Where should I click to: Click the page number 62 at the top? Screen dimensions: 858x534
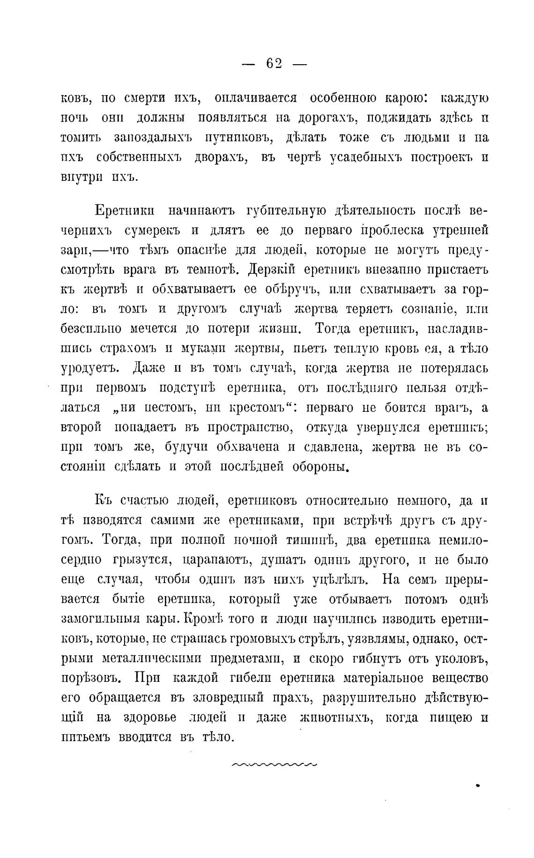(x=274, y=64)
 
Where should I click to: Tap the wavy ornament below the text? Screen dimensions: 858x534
(x=274, y=765)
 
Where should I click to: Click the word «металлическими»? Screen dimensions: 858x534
(x=151, y=658)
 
